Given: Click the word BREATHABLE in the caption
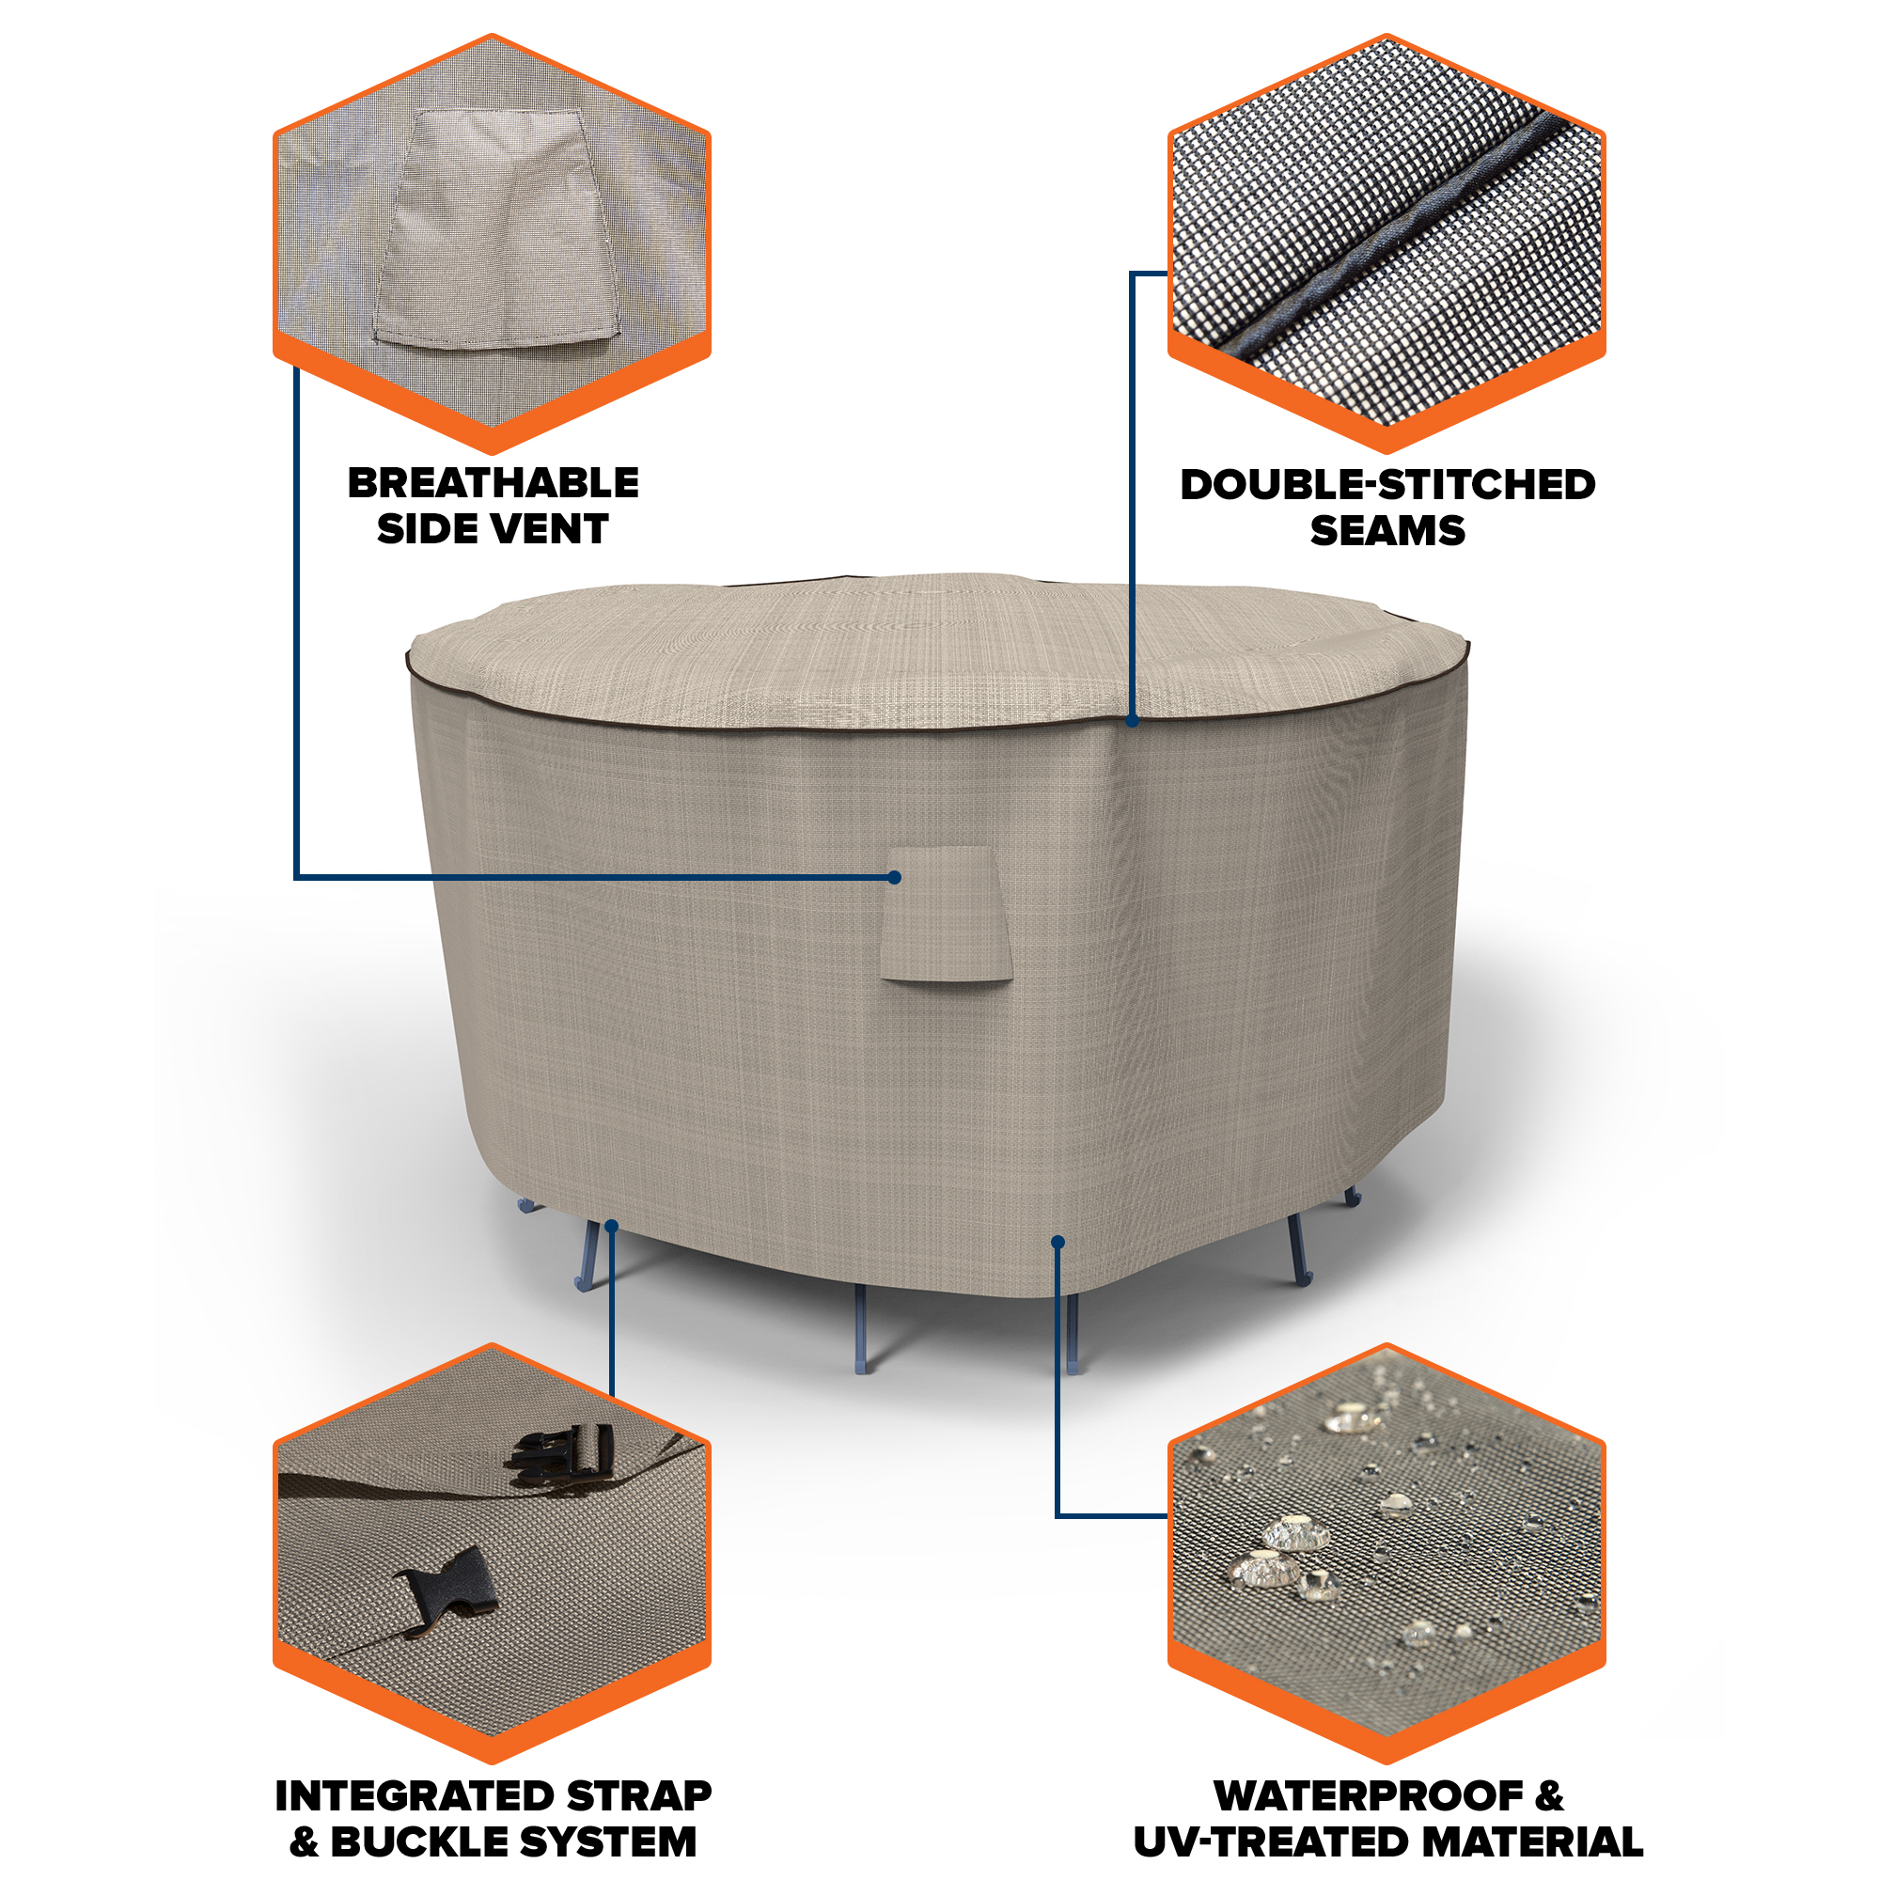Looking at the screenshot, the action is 493,482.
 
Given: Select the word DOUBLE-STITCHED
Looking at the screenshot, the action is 1387,485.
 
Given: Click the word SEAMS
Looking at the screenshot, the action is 1387,530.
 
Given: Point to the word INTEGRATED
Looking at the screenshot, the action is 415,1796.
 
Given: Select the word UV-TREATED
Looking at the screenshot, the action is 1259,1842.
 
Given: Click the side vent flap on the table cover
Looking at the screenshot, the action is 946,915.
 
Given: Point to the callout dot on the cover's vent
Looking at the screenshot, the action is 894,878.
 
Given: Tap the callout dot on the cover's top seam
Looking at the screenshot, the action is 1132,721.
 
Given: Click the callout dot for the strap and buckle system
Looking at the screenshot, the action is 611,1226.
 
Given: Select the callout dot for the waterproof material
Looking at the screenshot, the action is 1057,1242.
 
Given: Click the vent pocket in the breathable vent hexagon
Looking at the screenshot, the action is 496,228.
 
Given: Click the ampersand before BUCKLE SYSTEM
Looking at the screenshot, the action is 304,1842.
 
